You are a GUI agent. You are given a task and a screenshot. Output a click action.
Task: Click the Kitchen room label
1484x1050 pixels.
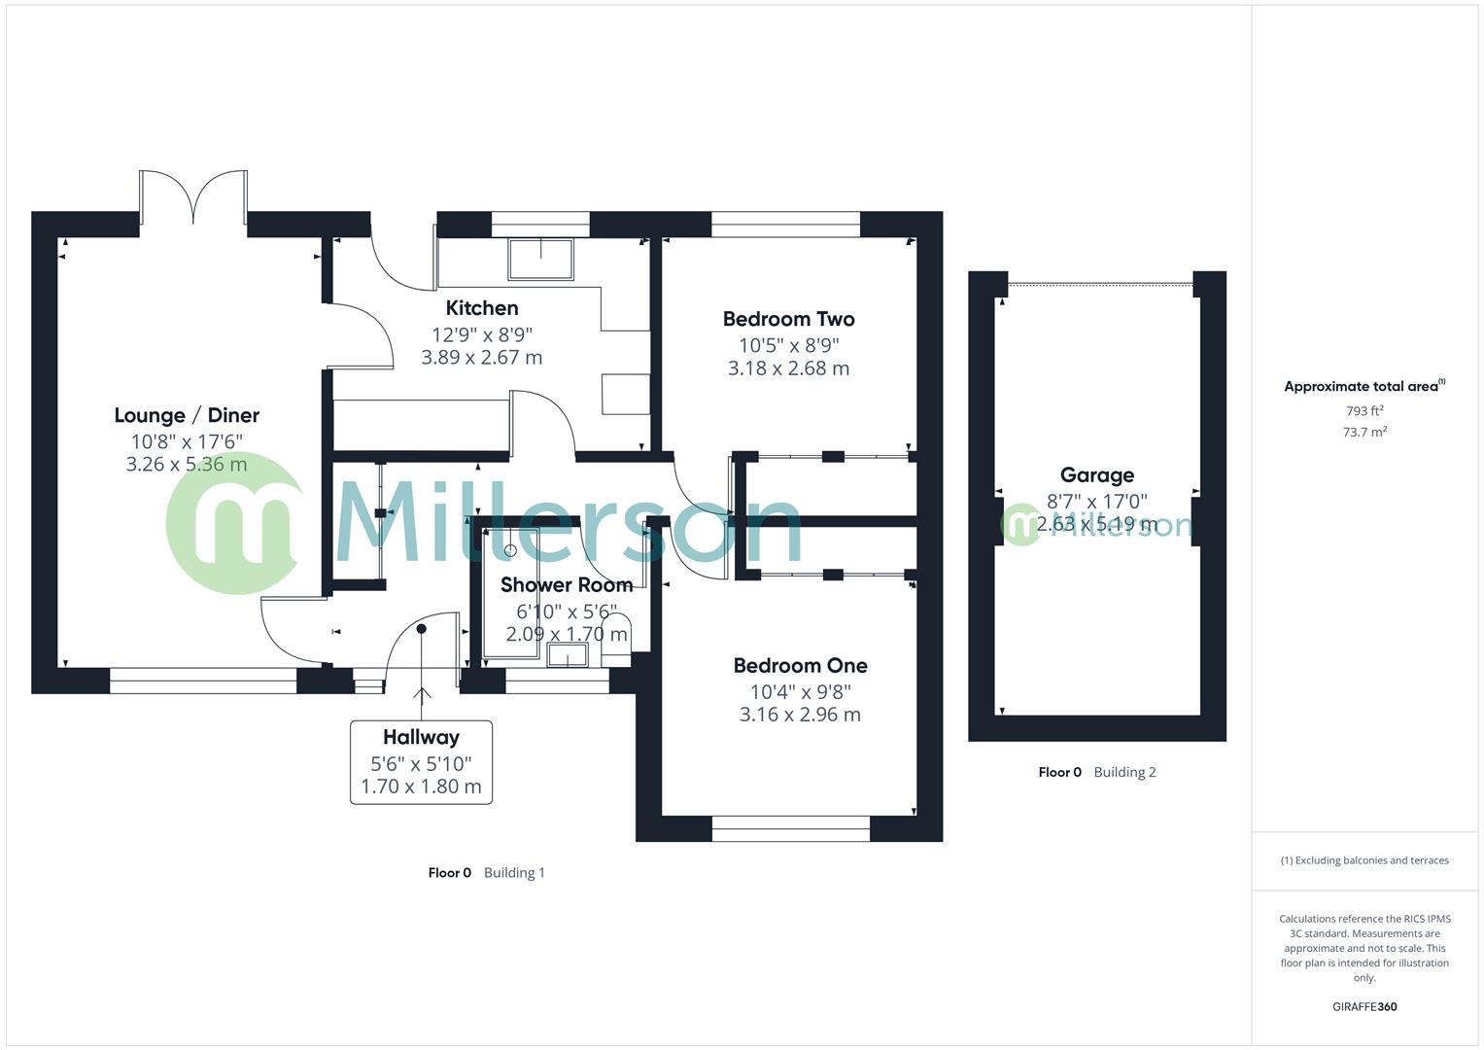click(x=482, y=308)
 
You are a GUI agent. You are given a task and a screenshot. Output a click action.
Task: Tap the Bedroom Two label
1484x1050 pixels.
click(x=788, y=319)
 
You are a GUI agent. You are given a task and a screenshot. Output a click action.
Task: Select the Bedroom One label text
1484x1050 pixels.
click(x=800, y=666)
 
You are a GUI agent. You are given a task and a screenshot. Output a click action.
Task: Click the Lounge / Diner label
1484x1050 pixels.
click(x=187, y=415)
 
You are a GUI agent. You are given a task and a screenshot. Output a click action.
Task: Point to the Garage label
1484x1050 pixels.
click(x=1096, y=475)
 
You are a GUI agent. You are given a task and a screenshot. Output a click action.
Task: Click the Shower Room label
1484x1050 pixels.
click(x=567, y=585)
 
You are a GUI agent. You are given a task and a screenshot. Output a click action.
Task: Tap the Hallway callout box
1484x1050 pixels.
click(x=421, y=762)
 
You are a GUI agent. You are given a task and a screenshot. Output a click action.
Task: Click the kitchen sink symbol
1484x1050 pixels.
click(x=540, y=260)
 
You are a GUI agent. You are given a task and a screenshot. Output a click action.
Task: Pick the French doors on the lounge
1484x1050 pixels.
click(x=193, y=194)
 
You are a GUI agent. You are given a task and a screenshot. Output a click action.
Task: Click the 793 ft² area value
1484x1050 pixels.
click(x=1364, y=411)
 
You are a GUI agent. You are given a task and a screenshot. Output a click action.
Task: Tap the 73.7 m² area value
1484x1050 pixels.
click(x=1364, y=433)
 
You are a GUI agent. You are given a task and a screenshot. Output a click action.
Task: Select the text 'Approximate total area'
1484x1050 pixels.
click(x=1361, y=387)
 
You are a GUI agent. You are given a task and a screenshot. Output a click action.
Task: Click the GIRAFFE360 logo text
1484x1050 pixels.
click(x=1364, y=1007)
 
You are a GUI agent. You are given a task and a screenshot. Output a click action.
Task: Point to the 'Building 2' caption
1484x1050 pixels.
click(x=1124, y=773)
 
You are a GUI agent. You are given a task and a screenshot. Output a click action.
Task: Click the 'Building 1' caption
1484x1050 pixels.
click(x=514, y=873)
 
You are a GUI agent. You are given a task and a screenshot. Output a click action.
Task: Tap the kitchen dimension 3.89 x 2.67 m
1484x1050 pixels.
click(x=482, y=358)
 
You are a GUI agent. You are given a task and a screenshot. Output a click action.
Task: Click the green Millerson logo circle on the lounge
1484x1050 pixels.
click(x=233, y=524)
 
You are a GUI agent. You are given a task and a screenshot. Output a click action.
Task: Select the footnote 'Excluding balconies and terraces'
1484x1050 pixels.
click(x=1370, y=860)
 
